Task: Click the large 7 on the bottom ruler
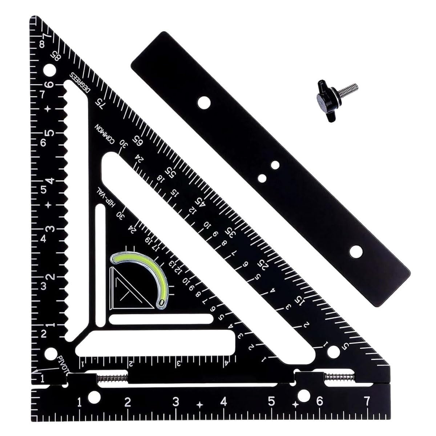click(x=367, y=401)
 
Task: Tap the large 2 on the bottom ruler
click(x=128, y=402)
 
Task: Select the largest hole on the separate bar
click(x=356, y=250)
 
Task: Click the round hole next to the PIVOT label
click(x=50, y=354)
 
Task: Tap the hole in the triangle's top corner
click(x=49, y=69)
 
